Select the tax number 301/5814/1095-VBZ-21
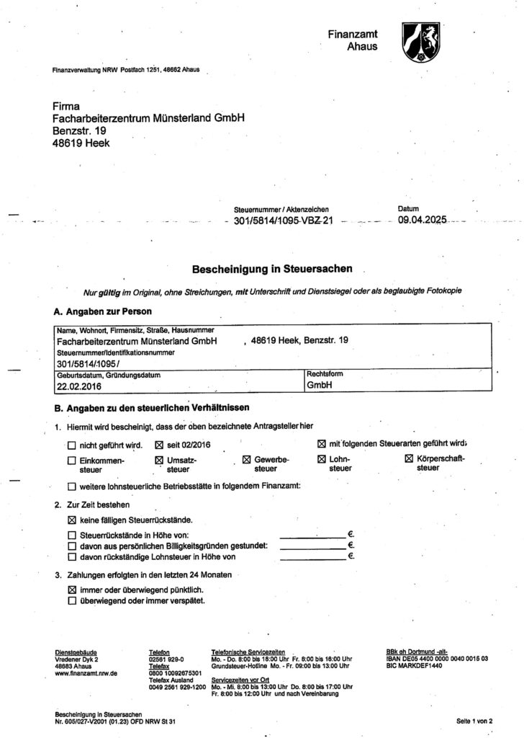click(x=284, y=222)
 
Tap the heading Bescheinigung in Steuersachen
click(x=271, y=270)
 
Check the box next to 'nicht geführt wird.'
click(x=71, y=445)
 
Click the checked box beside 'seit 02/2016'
click(x=159, y=445)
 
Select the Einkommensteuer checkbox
click(x=71, y=460)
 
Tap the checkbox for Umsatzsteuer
click(x=159, y=460)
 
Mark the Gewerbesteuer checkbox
click(x=246, y=460)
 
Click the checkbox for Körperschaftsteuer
click(x=409, y=459)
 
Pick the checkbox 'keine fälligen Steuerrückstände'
click(x=71, y=519)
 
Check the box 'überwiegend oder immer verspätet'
click(x=71, y=600)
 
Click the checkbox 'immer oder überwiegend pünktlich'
click(x=71, y=590)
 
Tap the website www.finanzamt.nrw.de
click(x=81, y=673)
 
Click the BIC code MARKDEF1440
click(x=417, y=666)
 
